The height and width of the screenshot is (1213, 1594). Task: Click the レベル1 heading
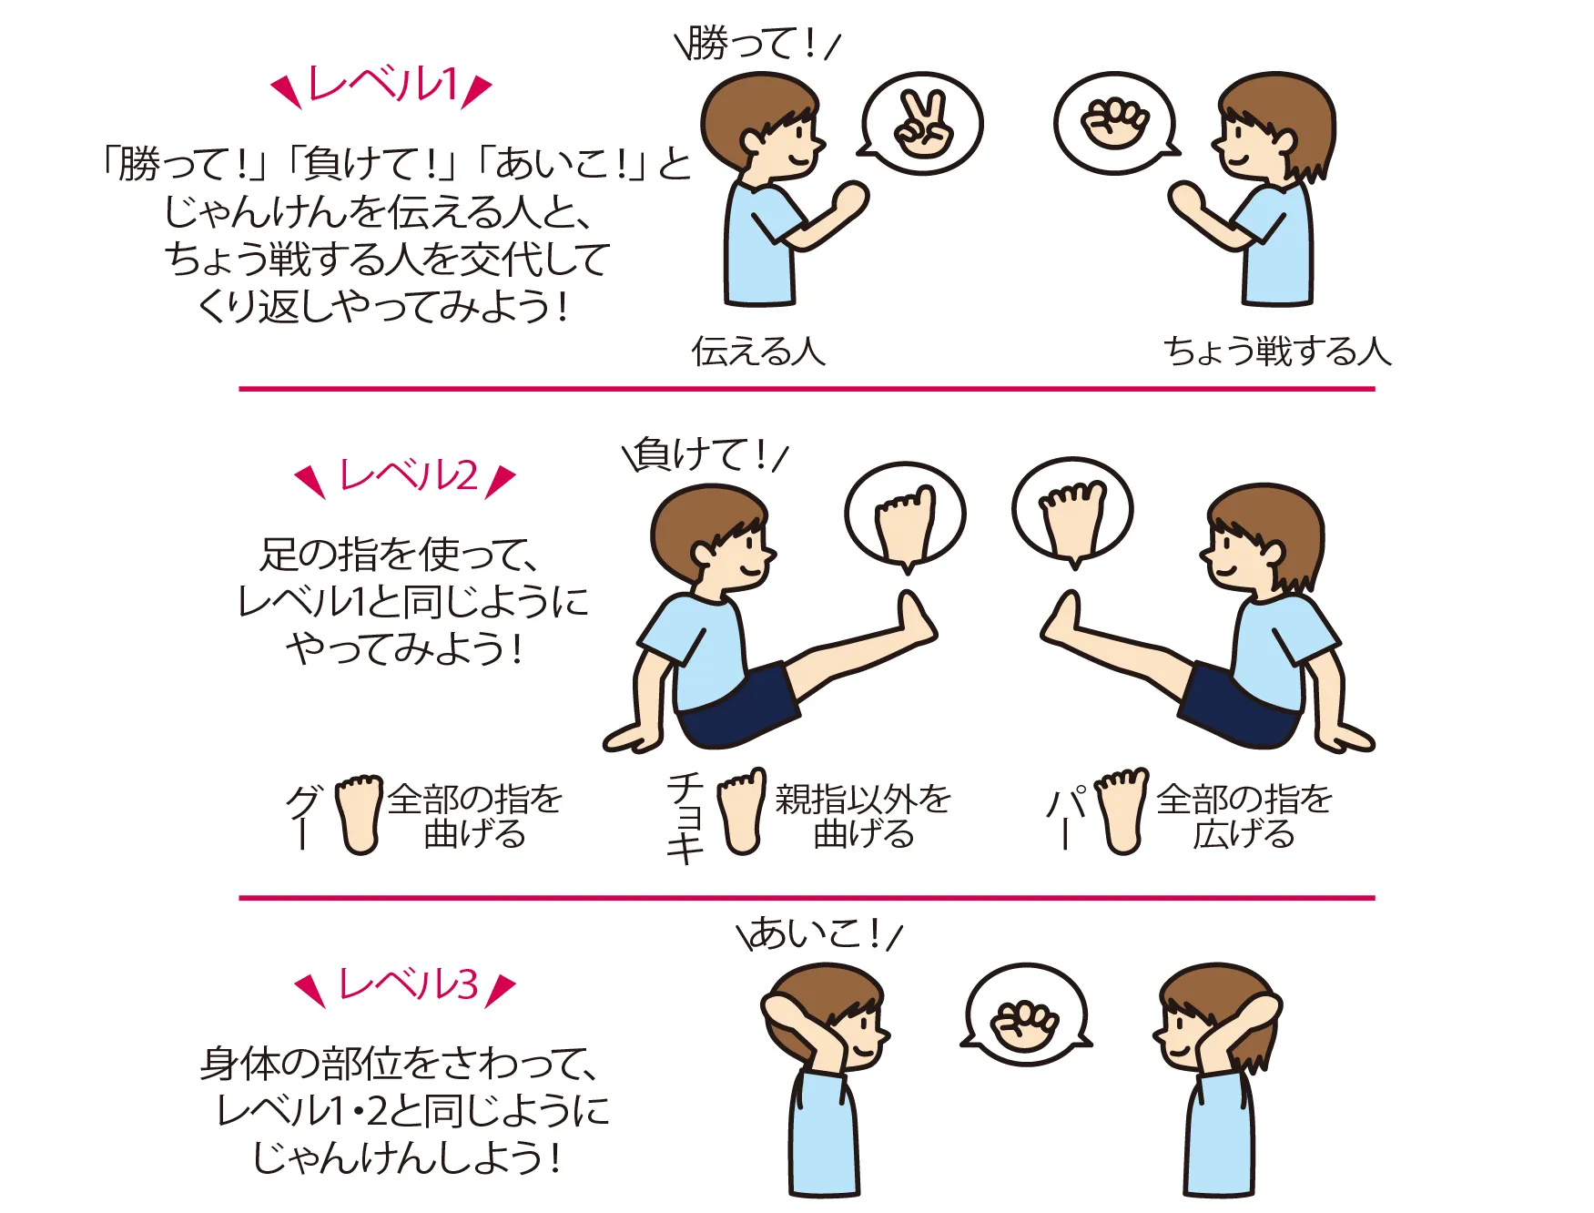(382, 86)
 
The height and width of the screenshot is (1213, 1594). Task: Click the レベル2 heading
(406, 476)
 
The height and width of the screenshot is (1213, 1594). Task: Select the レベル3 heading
(406, 985)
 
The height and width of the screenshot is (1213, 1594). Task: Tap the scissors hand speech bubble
(920, 124)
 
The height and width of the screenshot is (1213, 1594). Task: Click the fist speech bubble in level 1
(1116, 123)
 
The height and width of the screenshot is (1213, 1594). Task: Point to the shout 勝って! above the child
(755, 43)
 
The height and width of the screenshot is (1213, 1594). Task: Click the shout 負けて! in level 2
(706, 454)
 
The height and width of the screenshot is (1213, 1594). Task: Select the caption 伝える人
(758, 351)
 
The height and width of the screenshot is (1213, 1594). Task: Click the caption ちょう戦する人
(1278, 351)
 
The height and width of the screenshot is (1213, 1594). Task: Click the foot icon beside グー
(360, 814)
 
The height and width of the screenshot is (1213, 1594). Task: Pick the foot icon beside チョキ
(742, 811)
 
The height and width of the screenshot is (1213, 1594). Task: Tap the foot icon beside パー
(1122, 811)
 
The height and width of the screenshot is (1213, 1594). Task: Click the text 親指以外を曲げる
(863, 815)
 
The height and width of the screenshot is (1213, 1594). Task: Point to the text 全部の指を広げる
(1244, 815)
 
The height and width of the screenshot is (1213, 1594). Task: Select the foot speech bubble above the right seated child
(1072, 512)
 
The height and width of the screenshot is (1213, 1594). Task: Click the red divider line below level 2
(807, 898)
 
